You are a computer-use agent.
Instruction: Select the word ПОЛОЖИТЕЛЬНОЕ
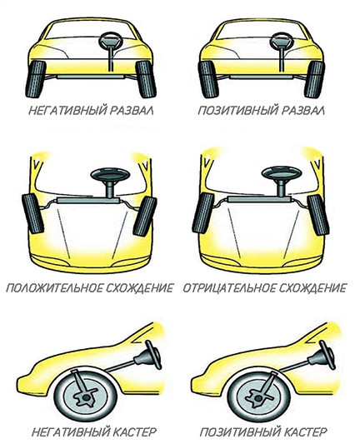pos(54,288)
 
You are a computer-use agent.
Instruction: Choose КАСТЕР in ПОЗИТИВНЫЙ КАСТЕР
pos(305,432)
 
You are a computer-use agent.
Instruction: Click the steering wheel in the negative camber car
pos(111,41)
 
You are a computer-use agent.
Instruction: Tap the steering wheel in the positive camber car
pos(282,41)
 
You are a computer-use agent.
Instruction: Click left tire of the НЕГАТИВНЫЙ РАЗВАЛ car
pos(36,79)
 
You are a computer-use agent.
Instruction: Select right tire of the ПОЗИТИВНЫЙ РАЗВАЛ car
pos(314,80)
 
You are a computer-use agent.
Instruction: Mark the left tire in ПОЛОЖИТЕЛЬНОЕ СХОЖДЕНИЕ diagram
pos(33,213)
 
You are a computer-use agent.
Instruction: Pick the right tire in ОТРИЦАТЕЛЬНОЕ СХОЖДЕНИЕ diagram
pos(318,215)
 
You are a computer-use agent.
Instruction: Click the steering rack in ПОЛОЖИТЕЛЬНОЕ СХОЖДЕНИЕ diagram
pos(88,201)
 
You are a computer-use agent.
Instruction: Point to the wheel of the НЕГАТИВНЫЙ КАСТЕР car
pos(86,396)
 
